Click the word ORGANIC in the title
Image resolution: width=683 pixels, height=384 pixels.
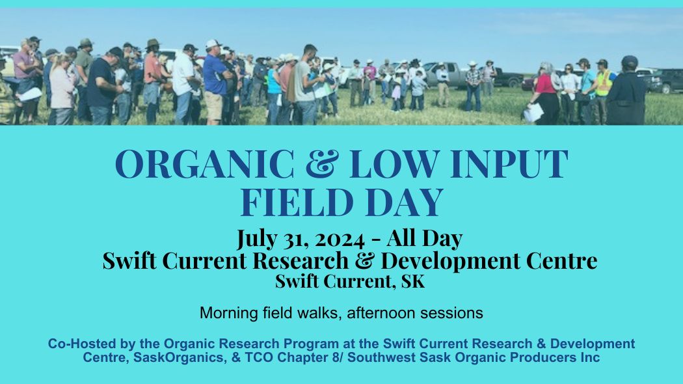pyautogui.click(x=205, y=164)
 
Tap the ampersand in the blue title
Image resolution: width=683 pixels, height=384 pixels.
pyautogui.click(x=321, y=164)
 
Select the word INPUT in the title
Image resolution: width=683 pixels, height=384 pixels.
pyautogui.click(x=509, y=164)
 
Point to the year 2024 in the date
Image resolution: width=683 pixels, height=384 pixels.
pyautogui.click(x=340, y=239)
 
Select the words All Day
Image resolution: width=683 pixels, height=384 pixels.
pyautogui.click(x=424, y=239)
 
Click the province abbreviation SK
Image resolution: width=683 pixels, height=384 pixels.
pyautogui.click(x=413, y=281)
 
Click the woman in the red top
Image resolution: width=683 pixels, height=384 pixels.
pyautogui.click(x=544, y=94)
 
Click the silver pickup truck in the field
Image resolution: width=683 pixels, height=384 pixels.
pyautogui.click(x=444, y=75)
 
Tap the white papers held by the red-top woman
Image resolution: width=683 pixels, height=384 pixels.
pyautogui.click(x=533, y=113)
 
